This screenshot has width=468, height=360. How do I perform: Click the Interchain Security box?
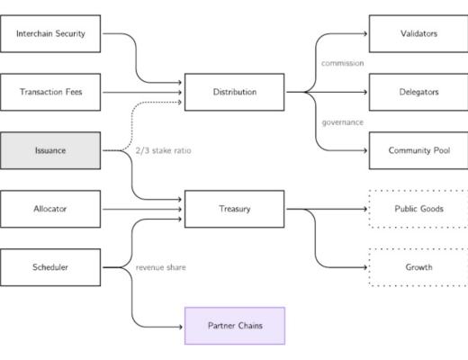[50, 34]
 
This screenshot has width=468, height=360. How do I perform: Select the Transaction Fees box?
[50, 92]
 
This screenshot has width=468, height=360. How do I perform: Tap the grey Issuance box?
[50, 150]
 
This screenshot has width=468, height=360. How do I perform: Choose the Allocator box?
[50, 209]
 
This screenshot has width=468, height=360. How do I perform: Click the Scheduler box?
[50, 267]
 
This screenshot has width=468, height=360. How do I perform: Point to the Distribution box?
[235, 92]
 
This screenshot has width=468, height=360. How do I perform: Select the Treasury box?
[235, 209]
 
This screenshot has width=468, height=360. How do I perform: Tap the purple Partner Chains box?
[235, 325]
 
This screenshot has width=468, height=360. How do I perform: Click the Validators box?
[418, 34]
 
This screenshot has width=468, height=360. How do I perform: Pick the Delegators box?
[418, 92]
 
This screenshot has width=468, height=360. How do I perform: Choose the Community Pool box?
[418, 150]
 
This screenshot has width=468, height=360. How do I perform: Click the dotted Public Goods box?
[418, 209]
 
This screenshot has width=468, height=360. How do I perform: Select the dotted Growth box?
[418, 267]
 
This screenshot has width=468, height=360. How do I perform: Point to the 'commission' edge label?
[342, 63]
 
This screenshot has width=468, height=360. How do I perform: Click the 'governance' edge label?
[342, 121]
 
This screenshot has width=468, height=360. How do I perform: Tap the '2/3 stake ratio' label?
[163, 150]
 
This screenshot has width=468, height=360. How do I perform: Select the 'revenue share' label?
[160, 267]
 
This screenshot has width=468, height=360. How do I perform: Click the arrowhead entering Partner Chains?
[181, 325]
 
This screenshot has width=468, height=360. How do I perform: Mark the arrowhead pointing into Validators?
[364, 34]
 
